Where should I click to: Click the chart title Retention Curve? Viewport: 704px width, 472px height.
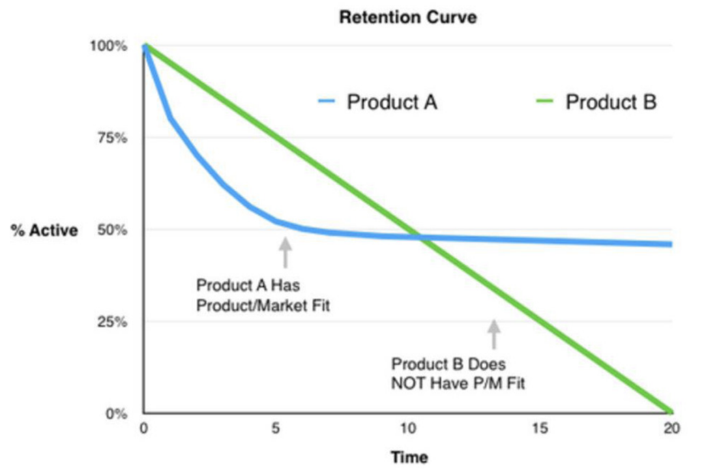coord(407,18)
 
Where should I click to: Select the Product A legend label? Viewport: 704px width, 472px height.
coord(392,102)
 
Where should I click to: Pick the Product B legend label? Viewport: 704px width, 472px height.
coord(611,102)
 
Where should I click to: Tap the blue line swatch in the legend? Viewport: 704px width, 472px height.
coord(327,102)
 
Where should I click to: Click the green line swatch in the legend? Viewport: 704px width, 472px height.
coord(546,102)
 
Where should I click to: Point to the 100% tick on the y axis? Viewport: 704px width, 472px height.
coord(113,46)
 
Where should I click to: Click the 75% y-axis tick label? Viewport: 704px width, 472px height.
coord(115,138)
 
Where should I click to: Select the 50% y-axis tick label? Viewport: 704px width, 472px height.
coord(115,229)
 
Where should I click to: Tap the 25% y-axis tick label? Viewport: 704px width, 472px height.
coord(115,321)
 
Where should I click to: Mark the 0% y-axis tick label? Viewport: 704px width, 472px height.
coord(118,413)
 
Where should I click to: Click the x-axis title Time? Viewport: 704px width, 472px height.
coord(409,457)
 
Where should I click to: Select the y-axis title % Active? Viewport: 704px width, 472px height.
coord(44,230)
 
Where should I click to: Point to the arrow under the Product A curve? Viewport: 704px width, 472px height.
coord(285,252)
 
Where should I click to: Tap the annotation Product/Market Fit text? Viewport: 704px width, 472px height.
coord(263,304)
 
